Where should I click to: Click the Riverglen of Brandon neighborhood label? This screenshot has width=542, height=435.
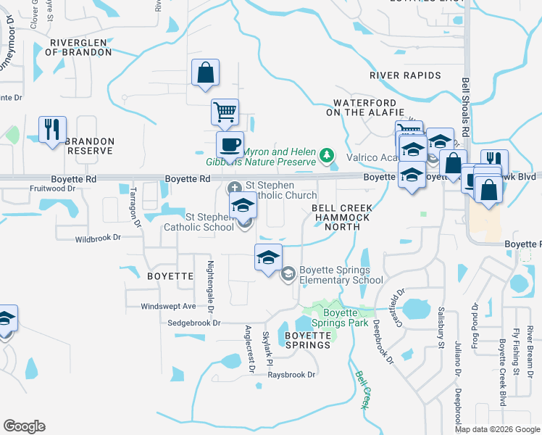point(79,47)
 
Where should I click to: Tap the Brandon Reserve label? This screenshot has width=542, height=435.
point(89,146)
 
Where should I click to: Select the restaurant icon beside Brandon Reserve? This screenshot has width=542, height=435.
point(52,130)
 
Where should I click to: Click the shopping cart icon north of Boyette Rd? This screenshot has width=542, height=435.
point(225,112)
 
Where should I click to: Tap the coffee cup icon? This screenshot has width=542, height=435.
point(230,144)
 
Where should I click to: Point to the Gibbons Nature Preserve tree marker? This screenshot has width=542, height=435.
point(328,154)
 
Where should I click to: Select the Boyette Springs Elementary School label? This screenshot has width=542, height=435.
point(341,275)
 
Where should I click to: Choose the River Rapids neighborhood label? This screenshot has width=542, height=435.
point(405,75)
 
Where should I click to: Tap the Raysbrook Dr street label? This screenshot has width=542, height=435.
point(292,375)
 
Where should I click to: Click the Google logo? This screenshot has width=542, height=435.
point(24,426)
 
